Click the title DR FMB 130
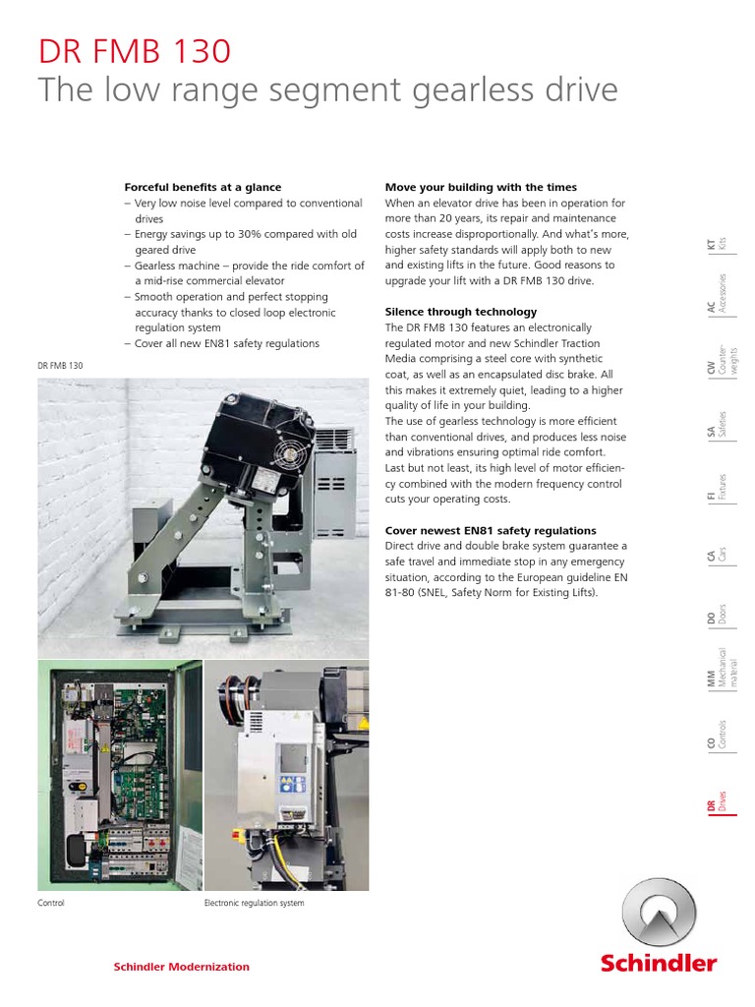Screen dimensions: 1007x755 [x=136, y=51]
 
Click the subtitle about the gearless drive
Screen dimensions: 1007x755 [x=327, y=90]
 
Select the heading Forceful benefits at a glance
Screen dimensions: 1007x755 [x=203, y=187]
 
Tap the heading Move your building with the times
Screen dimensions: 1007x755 [x=481, y=187]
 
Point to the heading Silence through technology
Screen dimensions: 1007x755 [x=461, y=312]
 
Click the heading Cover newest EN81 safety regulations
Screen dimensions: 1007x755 [x=491, y=530]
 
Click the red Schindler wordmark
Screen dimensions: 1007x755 [x=658, y=963]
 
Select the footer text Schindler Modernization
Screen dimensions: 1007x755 [x=182, y=967]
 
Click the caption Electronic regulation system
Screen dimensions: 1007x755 [x=254, y=903]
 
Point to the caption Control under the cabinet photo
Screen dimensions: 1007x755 [x=51, y=903]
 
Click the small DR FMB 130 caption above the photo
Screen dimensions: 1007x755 [x=60, y=366]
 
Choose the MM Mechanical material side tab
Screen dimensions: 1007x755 [x=715, y=673]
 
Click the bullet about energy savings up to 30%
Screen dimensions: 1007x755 [x=243, y=242]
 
